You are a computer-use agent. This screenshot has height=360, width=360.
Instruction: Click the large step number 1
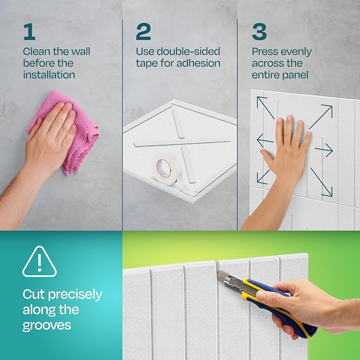[x=29, y=32]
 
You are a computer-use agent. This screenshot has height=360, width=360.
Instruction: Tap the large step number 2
[x=143, y=32]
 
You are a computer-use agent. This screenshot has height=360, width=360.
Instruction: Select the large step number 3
[x=259, y=32]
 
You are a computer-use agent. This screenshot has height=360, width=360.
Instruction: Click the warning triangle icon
[x=39, y=262]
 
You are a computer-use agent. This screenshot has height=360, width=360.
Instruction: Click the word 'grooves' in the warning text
[x=47, y=326]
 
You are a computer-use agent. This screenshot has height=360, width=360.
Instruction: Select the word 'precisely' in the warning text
[x=75, y=295]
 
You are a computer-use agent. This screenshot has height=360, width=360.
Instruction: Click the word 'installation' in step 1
[x=49, y=75]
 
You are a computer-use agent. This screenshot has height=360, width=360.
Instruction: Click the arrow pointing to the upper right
[x=321, y=117]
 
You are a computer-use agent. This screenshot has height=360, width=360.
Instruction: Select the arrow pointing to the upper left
[x=266, y=108]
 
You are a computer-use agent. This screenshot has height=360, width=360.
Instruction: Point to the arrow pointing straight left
[x=265, y=141]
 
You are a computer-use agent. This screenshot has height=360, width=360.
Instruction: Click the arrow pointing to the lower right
[x=321, y=182]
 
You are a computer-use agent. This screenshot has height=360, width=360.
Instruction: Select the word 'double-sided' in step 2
[x=188, y=51]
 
